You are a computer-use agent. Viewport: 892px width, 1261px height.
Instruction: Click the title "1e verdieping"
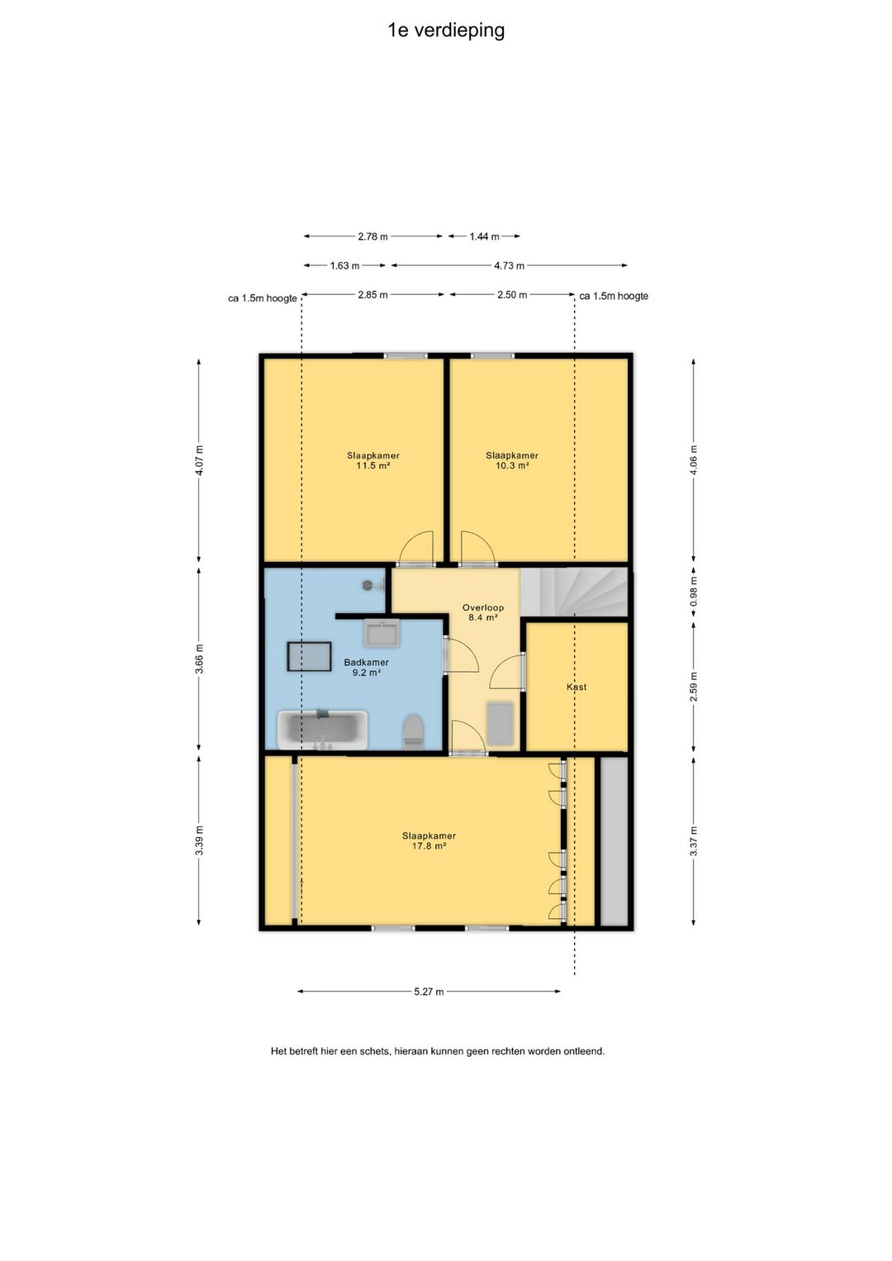click(x=446, y=31)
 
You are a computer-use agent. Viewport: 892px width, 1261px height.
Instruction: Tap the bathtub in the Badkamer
click(x=322, y=730)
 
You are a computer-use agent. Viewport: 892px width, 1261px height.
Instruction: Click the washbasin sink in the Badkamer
click(x=382, y=633)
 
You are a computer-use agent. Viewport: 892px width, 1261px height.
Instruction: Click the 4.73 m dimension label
click(x=509, y=266)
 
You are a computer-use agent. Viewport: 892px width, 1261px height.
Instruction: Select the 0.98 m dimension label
click(x=693, y=592)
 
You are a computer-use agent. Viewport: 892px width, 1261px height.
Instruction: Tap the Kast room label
click(x=576, y=687)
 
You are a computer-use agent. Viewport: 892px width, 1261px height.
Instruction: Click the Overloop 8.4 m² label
click(x=483, y=612)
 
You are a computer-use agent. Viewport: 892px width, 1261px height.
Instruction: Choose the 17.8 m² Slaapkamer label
click(x=429, y=840)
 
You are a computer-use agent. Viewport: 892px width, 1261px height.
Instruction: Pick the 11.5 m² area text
click(x=373, y=465)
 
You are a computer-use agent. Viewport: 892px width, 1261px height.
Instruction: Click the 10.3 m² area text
click(x=512, y=465)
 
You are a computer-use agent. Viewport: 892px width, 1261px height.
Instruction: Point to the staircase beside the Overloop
click(x=573, y=592)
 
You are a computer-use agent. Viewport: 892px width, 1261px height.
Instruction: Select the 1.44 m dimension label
click(x=484, y=236)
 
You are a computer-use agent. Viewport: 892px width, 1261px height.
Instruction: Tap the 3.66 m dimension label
click(x=199, y=658)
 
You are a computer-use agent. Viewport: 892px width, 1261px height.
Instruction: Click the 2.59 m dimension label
click(x=693, y=687)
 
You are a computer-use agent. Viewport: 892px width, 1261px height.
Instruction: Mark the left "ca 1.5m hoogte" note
click(x=263, y=298)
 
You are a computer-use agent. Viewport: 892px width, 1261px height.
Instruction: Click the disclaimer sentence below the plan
click(x=438, y=1051)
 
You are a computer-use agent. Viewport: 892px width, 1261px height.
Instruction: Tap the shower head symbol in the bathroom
click(x=369, y=585)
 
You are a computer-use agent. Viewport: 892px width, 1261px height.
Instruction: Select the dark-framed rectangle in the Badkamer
click(x=309, y=656)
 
